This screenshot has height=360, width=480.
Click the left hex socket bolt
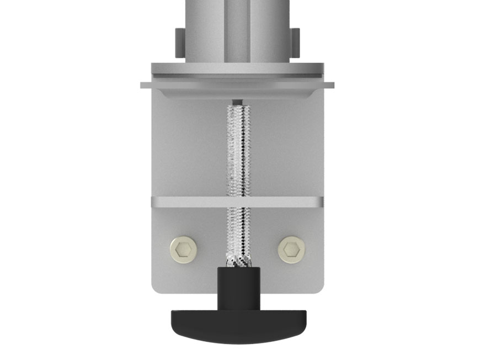click(184, 250)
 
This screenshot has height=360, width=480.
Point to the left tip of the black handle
click(172, 320)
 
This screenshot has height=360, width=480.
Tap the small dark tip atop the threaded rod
click(237, 102)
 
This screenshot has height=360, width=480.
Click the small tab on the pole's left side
click(180, 43)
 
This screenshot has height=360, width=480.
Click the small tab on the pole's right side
click(295, 43)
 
